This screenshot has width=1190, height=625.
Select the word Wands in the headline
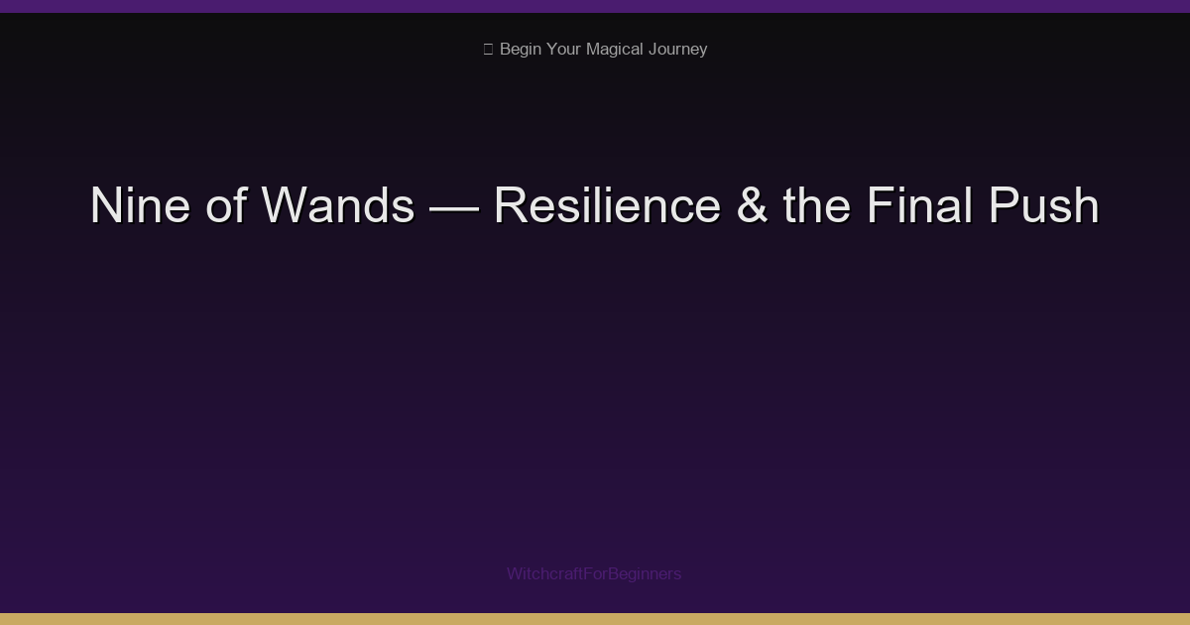(x=338, y=206)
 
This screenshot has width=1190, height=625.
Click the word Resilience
(x=607, y=206)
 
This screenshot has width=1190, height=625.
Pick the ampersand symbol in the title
(x=752, y=206)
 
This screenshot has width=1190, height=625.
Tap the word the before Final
(x=816, y=206)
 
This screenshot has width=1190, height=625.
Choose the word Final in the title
(x=919, y=206)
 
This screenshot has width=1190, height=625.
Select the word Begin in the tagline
(x=521, y=50)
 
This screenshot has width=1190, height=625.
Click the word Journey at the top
(x=677, y=50)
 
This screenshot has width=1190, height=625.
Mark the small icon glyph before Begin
(x=488, y=50)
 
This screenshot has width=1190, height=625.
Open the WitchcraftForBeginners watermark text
(x=594, y=573)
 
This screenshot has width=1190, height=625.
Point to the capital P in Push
(x=1003, y=206)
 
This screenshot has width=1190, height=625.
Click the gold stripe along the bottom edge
(x=595, y=619)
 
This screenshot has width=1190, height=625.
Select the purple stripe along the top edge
(x=595, y=6)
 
